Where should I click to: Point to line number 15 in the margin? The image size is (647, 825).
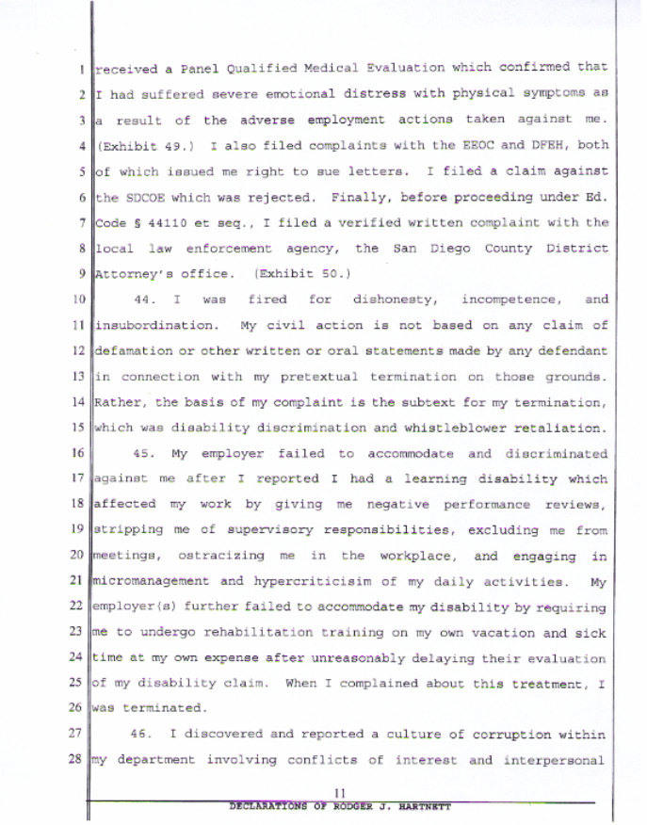80,428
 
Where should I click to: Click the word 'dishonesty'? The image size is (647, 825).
391,299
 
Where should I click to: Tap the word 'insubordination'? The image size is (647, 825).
156,325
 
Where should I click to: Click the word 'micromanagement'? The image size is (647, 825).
153,581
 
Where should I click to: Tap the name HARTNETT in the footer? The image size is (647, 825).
426,808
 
